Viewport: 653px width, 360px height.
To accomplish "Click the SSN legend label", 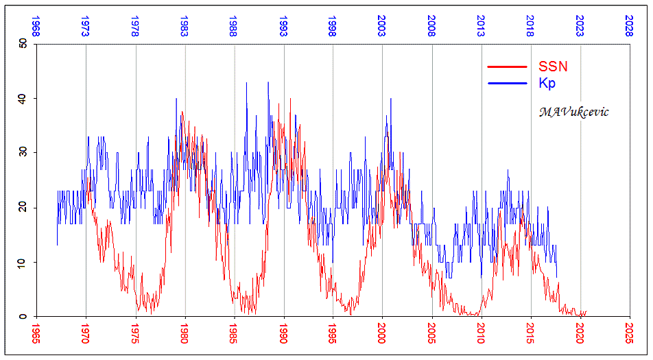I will tap(553, 67).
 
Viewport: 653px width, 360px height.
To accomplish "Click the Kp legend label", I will tap(547, 84).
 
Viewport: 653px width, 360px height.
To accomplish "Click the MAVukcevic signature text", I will tap(573, 112).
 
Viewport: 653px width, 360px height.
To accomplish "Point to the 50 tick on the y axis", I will tap(22, 44).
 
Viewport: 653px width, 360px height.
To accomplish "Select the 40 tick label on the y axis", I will tap(22, 98).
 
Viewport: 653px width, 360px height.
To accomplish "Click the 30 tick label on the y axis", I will tap(22, 152).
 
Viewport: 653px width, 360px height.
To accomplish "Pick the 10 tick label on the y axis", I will tap(22, 262).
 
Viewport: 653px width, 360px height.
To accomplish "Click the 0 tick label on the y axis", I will tap(25, 317).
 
